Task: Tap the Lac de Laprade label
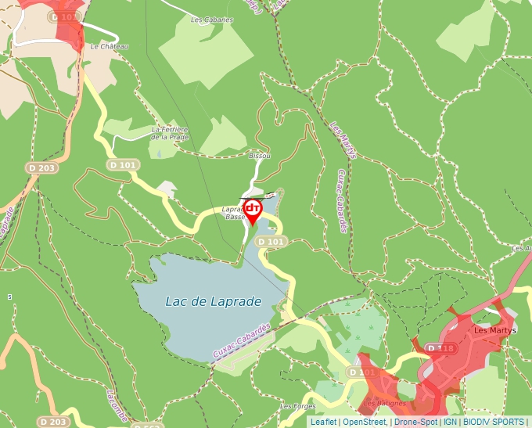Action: click(213, 301)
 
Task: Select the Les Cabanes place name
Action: click(211, 19)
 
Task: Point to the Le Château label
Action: click(109, 47)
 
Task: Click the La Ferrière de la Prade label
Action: click(171, 133)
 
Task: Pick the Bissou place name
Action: click(259, 156)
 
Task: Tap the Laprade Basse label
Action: click(234, 213)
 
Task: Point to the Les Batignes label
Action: click(386, 404)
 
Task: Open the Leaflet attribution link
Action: click(323, 422)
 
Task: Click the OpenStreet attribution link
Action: click(365, 422)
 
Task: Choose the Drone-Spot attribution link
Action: click(415, 422)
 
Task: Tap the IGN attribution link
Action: click(451, 422)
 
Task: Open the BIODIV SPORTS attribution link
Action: click(494, 422)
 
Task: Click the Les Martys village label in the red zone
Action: click(492, 330)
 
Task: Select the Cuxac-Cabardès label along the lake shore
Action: click(241, 342)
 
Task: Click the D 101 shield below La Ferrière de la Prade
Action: click(123, 165)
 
